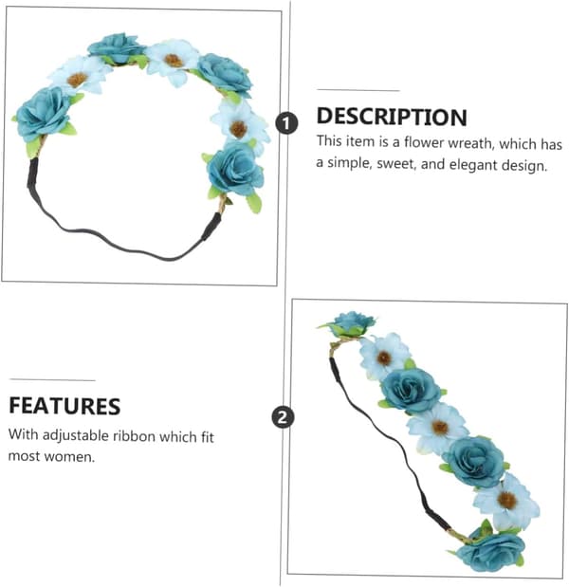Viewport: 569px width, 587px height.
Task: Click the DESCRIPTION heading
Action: tap(392, 117)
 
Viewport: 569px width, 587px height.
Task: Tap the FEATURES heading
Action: tap(64, 406)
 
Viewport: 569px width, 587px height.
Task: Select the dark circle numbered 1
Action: tap(286, 123)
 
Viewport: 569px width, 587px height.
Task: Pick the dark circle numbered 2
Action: tap(283, 416)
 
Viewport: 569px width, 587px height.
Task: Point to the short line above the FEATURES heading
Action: tap(52, 380)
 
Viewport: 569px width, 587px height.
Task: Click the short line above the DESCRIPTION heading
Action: tap(358, 90)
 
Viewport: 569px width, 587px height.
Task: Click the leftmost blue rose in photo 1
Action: tap(43, 114)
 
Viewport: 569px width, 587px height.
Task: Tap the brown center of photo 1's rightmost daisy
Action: tap(238, 129)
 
